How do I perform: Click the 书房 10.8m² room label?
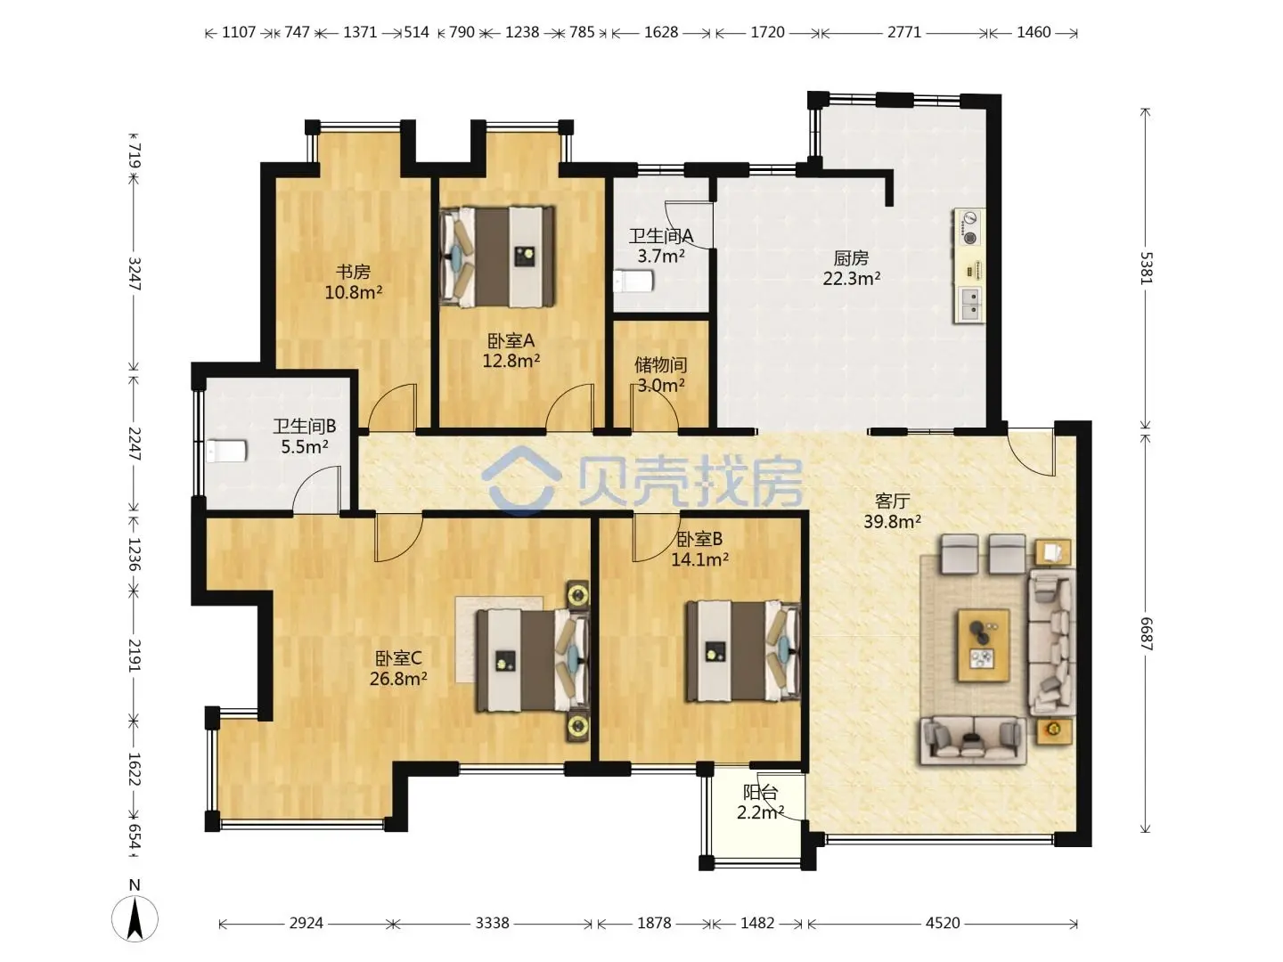click(x=353, y=281)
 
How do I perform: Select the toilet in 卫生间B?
click(x=226, y=451)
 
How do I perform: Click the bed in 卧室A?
click(x=497, y=256)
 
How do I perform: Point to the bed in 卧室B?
click(x=743, y=651)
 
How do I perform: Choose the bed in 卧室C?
click(x=533, y=660)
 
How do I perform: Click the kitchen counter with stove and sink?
click(x=969, y=265)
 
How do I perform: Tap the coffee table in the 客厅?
click(x=984, y=645)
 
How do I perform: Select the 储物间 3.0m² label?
click(x=660, y=375)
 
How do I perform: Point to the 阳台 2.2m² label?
click(x=760, y=802)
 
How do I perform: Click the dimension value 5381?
click(x=1145, y=268)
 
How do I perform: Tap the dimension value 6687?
click(x=1145, y=633)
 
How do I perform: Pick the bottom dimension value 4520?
click(x=943, y=923)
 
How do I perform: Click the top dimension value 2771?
click(x=903, y=32)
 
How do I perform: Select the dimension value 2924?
click(x=306, y=923)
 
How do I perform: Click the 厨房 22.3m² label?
click(x=852, y=268)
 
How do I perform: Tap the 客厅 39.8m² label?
click(x=893, y=511)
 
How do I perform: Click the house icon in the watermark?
click(x=519, y=481)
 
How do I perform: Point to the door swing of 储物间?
click(x=655, y=409)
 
